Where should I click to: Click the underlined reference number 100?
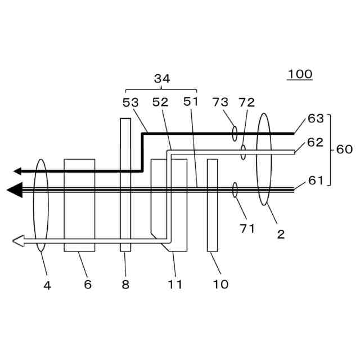pyautogui.click(x=300, y=74)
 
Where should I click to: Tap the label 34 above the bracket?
pyautogui.click(x=161, y=79)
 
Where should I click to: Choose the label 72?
pyautogui.click(x=246, y=102)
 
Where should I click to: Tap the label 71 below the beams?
pyautogui.click(x=247, y=228)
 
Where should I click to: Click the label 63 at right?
pyautogui.click(x=316, y=119)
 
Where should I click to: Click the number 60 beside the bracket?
pyautogui.click(x=344, y=150)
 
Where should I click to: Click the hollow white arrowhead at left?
pyautogui.click(x=17, y=241)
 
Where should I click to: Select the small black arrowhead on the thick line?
pyautogui.click(x=17, y=170)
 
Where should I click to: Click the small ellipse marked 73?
pyautogui.click(x=235, y=133)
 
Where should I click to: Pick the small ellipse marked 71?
pyautogui.click(x=235, y=190)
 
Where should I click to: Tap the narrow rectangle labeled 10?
pyautogui.click(x=212, y=205)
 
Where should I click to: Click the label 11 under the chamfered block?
pyautogui.click(x=175, y=284)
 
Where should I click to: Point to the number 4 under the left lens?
pyautogui.click(x=47, y=285)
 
